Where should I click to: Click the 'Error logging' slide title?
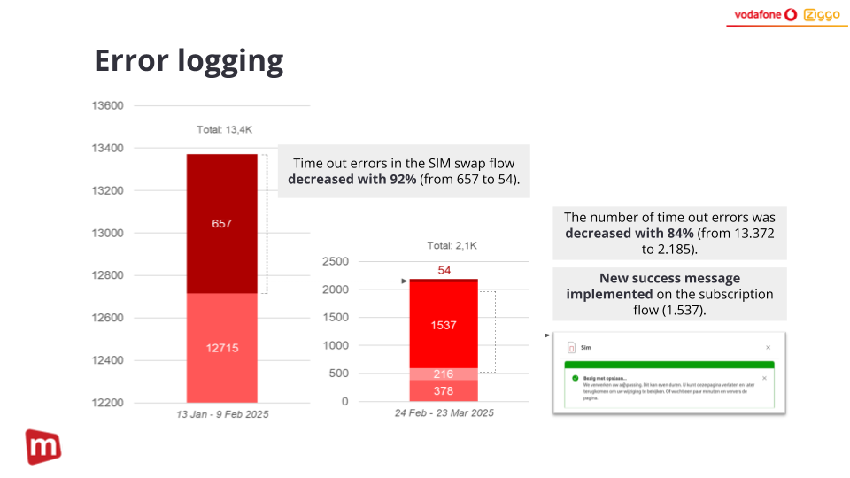coord(189,61)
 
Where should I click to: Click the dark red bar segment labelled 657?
coord(221,223)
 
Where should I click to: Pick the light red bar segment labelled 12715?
coord(221,348)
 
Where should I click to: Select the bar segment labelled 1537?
coord(444,325)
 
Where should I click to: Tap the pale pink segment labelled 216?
coord(444,374)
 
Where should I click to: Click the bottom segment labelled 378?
coord(444,390)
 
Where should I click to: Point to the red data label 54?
coord(444,270)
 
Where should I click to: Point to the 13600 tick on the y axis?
coord(107,106)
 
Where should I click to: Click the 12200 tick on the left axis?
coord(107,403)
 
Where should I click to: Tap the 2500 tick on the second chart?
coord(336,262)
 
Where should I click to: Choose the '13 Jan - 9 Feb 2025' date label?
coord(221,414)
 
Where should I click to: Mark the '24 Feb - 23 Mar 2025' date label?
coord(444,413)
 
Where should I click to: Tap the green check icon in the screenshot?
coord(575,378)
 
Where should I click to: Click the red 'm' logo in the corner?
coord(42,447)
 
